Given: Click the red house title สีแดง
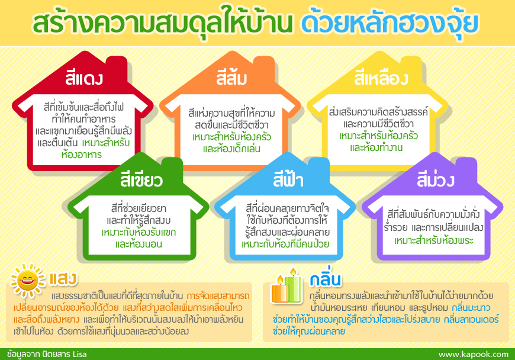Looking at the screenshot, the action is point(84,78).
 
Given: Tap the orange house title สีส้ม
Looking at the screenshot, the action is point(231,78).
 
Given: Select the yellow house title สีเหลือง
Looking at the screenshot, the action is point(381,79).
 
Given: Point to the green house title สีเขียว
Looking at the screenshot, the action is point(141,180).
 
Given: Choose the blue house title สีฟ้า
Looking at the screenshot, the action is point(288,179).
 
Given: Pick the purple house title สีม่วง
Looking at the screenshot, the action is point(436,179).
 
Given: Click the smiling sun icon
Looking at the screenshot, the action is point(28,281).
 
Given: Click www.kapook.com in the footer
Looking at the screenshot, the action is point(474,355).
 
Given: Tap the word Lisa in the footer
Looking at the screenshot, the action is point(80,355).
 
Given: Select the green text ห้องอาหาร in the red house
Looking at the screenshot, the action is point(82,155).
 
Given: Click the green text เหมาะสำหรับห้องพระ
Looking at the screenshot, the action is point(433,240).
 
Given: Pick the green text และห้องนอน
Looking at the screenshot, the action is point(139,244).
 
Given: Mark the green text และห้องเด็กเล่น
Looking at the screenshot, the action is point(231,149).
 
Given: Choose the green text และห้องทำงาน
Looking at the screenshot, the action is point(376,147).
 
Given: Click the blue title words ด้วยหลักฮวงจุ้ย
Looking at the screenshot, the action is point(389,24).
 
